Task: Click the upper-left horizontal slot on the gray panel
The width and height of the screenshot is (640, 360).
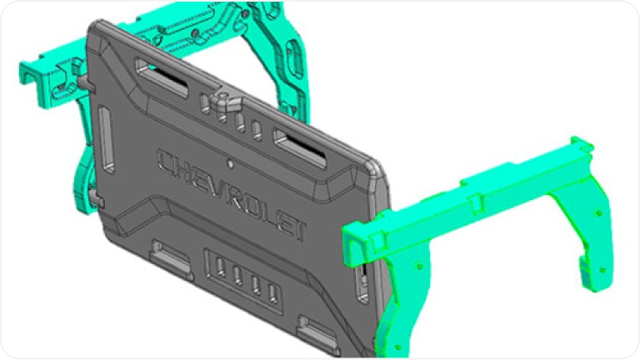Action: [x=168, y=78]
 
